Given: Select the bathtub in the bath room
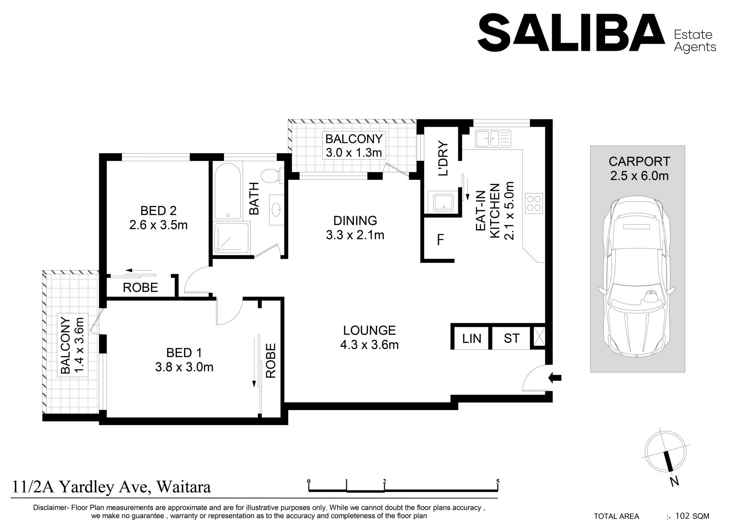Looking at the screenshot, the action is (227, 192).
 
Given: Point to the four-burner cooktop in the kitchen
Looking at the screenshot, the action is (533, 202).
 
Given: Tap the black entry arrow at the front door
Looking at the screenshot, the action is (555, 377).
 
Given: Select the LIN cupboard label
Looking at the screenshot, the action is (472, 338).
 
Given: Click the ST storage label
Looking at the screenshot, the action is (511, 338).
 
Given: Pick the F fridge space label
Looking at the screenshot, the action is (440, 240).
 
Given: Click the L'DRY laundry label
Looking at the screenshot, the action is (443, 159).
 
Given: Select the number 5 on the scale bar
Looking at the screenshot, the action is (497, 482).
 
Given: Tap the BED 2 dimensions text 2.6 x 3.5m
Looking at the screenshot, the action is (158, 225).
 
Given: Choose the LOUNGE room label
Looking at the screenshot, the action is (369, 330).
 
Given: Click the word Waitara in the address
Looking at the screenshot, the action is (184, 487).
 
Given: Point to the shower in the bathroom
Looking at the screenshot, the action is (232, 238).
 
